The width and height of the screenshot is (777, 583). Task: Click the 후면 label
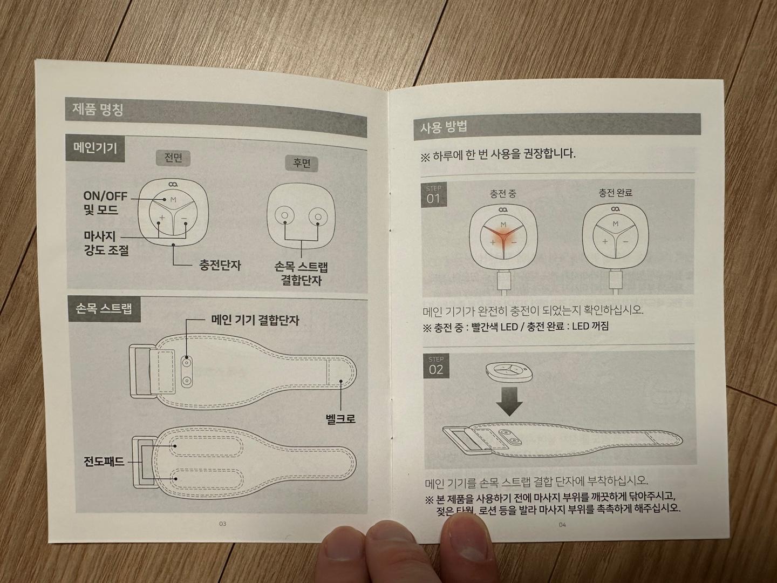tap(301, 164)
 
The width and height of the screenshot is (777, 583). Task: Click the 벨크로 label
tap(340, 418)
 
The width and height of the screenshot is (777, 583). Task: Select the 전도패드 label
tap(104, 462)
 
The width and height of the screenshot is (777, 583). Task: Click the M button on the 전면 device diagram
tap(173, 200)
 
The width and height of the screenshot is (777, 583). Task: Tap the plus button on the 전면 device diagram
tap(161, 219)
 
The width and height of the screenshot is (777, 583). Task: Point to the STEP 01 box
tap(434, 195)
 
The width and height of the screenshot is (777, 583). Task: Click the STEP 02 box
tap(436, 366)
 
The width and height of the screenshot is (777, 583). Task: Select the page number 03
tap(222, 524)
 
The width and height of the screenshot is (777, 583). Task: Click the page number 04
tap(562, 524)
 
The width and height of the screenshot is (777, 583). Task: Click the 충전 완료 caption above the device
tap(615, 193)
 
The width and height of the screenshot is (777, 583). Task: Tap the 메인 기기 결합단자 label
tap(255, 320)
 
